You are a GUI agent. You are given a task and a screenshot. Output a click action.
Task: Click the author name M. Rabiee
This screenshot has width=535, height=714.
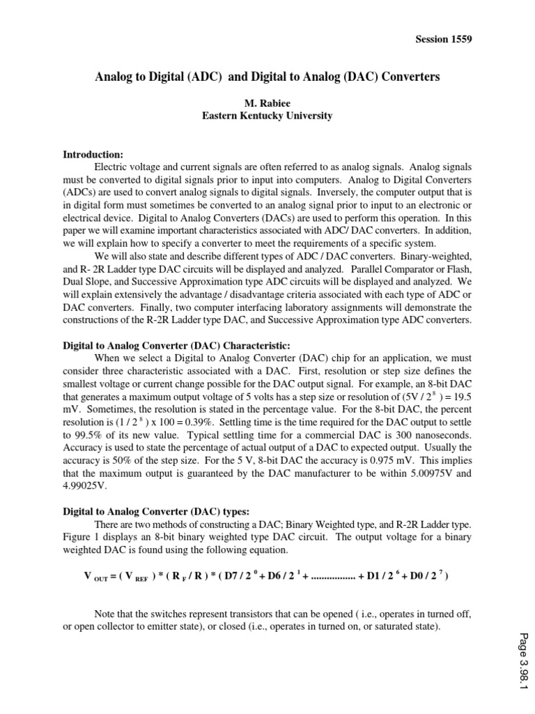267,103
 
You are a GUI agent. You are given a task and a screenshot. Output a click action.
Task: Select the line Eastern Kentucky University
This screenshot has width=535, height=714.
267,116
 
